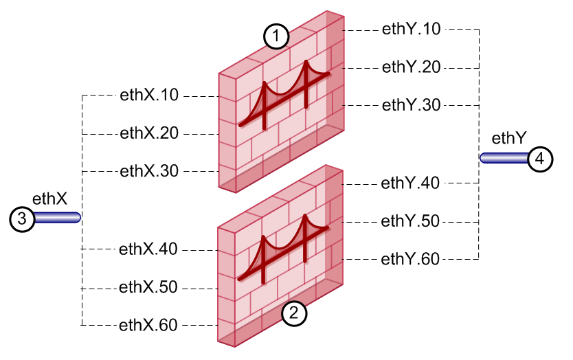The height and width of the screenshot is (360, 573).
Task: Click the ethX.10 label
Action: point(150,95)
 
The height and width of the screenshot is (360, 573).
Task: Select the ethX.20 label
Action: point(150,133)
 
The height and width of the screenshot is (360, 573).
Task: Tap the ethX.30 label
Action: point(150,170)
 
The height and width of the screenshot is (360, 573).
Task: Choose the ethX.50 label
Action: point(150,286)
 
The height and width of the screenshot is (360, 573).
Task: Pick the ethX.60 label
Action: point(150,324)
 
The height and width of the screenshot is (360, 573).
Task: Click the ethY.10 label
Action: point(412,29)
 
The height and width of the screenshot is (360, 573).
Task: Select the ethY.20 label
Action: point(412,67)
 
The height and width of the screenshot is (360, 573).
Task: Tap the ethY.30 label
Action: point(412,105)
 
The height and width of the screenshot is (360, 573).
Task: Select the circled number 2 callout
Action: point(293,314)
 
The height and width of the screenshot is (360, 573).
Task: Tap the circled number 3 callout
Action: point(22,218)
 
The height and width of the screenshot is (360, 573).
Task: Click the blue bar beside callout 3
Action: point(58,218)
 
